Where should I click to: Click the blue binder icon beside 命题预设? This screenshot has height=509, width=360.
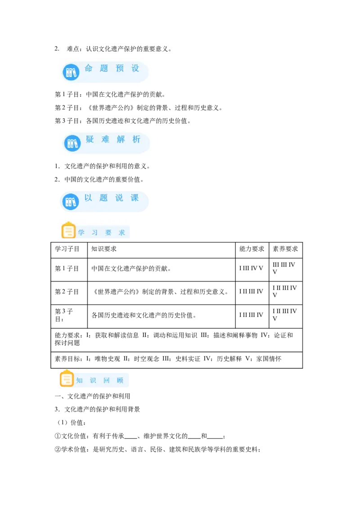click(71, 72)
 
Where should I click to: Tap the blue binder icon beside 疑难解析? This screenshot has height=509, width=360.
click(72, 143)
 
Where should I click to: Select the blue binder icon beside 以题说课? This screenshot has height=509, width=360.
click(71, 201)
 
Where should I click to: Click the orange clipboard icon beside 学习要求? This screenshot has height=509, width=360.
click(68, 230)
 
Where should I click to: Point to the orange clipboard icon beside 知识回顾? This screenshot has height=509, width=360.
click(67, 378)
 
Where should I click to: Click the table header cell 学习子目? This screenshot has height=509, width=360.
click(67, 249)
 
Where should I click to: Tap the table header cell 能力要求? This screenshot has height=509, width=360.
click(252, 249)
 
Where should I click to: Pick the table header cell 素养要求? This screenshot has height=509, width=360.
click(285, 249)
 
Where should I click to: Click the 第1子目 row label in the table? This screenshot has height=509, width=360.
click(67, 268)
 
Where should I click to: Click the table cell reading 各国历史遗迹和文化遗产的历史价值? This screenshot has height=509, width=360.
click(144, 315)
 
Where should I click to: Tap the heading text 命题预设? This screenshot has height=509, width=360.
click(112, 68)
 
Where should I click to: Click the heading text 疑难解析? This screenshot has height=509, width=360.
click(113, 139)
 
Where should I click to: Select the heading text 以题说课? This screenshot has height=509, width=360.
click(112, 198)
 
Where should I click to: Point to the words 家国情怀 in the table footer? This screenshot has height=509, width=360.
click(269, 359)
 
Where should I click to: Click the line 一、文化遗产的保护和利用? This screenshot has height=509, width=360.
click(92, 396)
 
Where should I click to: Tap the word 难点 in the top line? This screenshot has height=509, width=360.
click(73, 49)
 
